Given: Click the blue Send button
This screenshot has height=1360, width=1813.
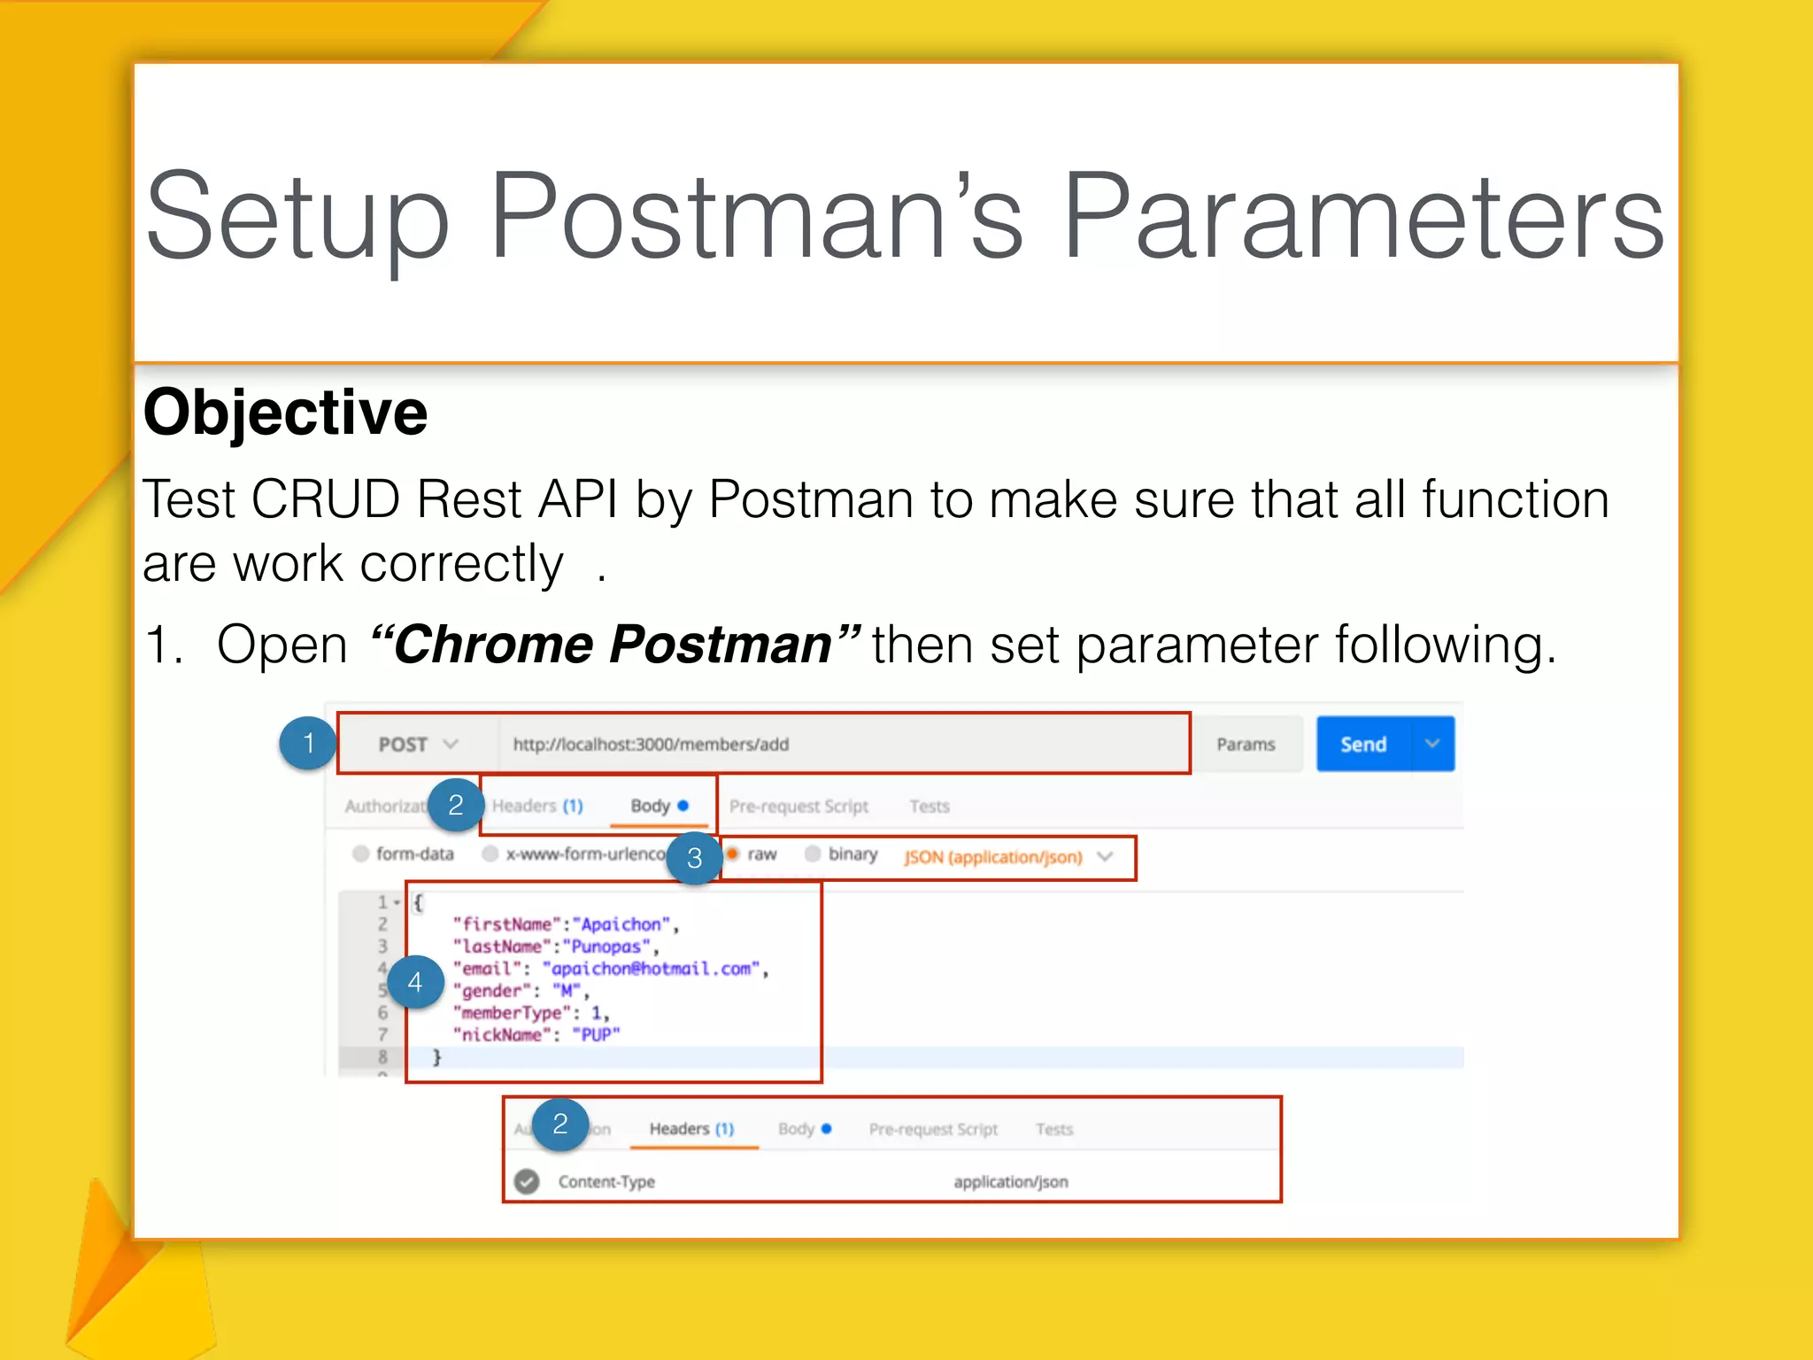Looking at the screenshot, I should click(1363, 744).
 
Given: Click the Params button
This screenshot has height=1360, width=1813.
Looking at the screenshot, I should click(1246, 744).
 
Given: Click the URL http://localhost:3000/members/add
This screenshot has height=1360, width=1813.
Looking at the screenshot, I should click(651, 744).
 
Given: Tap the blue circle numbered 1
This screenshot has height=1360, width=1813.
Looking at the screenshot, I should click(307, 743).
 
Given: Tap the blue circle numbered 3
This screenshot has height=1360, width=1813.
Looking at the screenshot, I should click(694, 857).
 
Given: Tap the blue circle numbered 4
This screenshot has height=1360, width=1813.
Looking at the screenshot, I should click(414, 982).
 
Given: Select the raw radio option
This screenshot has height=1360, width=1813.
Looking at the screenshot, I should click(733, 854).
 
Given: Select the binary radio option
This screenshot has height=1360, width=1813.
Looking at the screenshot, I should click(812, 854).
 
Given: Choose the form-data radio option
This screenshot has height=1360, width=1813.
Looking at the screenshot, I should click(360, 854).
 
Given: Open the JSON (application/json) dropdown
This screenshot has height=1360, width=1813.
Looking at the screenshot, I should click(1007, 857).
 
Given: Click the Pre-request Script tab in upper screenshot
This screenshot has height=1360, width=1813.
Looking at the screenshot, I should click(798, 806).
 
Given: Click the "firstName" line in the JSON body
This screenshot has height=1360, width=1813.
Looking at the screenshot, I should click(563, 924).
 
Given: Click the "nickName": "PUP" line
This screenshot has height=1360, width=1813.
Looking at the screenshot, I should click(536, 1034).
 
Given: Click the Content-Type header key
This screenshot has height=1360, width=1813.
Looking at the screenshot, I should click(606, 1181).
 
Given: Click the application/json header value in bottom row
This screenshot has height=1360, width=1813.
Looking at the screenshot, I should click(1010, 1181).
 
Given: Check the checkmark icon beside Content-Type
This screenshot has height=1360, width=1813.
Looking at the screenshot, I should click(527, 1181).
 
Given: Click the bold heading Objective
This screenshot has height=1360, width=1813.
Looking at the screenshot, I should click(285, 413).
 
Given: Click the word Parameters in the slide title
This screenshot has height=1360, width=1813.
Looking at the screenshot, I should click(1363, 217).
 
